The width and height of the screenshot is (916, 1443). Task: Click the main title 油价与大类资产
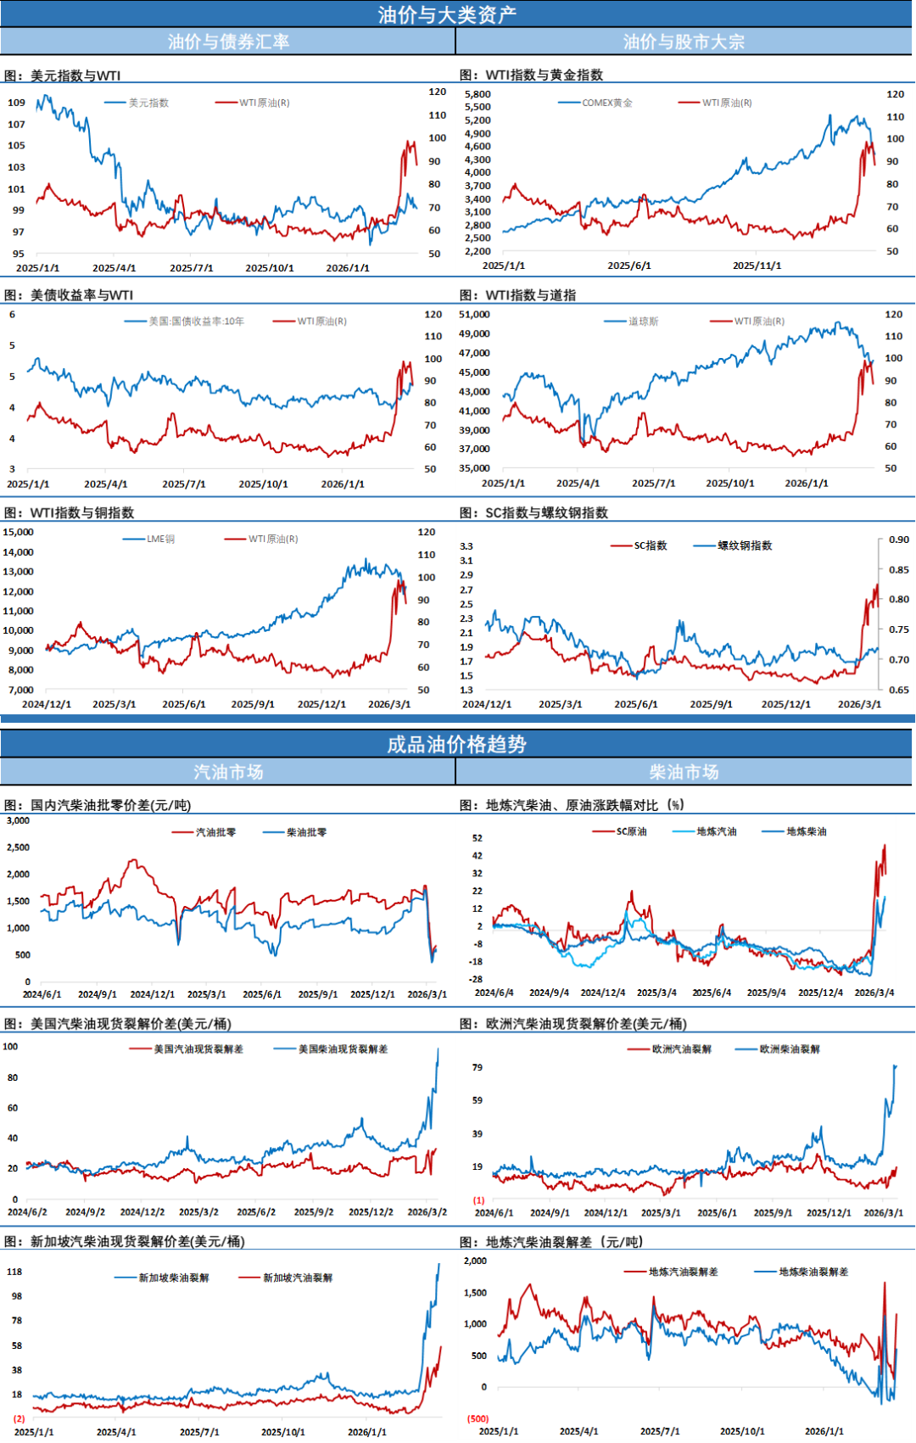tap(447, 14)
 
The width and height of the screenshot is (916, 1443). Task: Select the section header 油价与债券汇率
tap(228, 42)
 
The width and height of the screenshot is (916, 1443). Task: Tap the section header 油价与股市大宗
tap(684, 42)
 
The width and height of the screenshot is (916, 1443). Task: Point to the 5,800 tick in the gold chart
tap(478, 94)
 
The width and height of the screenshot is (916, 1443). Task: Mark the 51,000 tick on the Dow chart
tap(474, 315)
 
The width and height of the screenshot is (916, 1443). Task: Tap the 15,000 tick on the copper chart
tap(18, 532)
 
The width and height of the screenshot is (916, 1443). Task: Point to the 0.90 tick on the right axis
tap(899, 540)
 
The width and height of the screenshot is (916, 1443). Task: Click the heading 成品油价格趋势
tap(456, 744)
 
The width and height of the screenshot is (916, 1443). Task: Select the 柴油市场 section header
tap(684, 772)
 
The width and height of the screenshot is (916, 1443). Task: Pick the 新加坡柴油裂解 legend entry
tap(173, 1278)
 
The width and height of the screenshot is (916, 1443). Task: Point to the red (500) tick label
tap(478, 1418)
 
